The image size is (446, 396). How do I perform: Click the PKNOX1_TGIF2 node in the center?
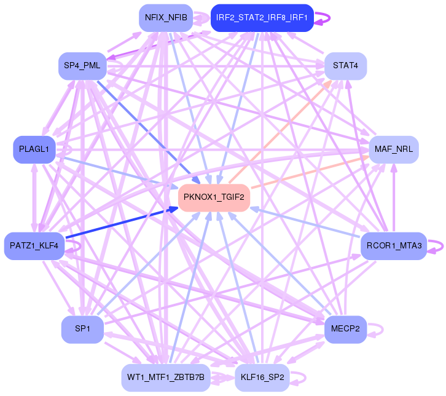pos(214,197)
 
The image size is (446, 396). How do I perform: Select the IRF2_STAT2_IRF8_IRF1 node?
pos(262,17)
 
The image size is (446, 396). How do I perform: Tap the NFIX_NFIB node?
pos(166,17)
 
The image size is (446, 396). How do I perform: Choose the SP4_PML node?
pos(82,66)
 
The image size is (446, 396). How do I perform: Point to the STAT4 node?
pos(345,66)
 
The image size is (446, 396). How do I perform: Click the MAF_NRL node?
pos(393,149)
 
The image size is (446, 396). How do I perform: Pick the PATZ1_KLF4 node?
pos(34,246)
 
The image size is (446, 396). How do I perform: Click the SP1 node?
pos(82,330)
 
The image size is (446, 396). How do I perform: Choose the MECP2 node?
pos(345,330)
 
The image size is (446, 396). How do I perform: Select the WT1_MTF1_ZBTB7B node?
pos(166,376)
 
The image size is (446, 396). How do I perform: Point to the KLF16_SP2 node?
pos(262,376)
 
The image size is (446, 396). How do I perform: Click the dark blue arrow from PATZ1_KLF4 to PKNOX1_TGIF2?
pos(117,224)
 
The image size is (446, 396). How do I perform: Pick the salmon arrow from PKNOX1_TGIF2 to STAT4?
pos(276,136)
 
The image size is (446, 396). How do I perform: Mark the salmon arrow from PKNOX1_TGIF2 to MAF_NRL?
pos(307,172)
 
